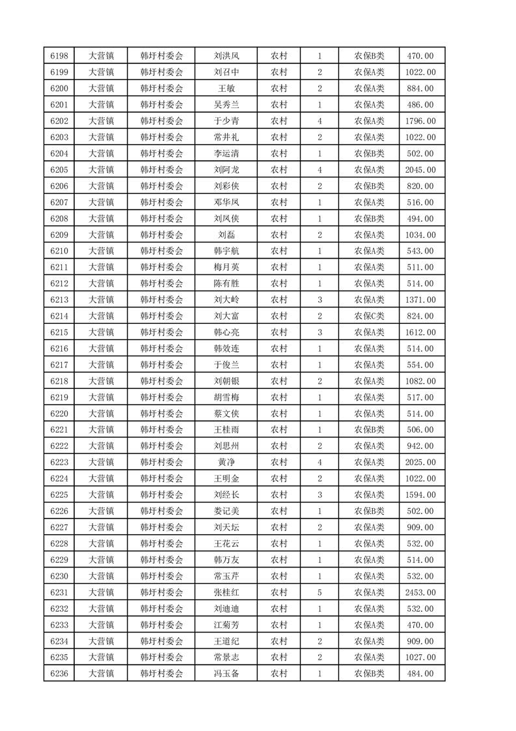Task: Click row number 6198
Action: (x=59, y=56)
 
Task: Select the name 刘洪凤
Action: (x=226, y=56)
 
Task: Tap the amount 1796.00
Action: (x=420, y=121)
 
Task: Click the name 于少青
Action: (x=226, y=121)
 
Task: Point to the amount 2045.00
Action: (x=420, y=170)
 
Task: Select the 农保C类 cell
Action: (x=369, y=316)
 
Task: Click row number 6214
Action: (x=59, y=316)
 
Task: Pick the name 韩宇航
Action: (x=226, y=251)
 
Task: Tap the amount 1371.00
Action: (x=420, y=300)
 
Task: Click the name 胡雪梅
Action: (x=226, y=397)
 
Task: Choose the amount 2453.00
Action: (x=420, y=592)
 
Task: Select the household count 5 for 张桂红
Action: (x=319, y=592)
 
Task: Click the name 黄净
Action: (x=226, y=463)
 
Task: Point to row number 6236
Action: (x=59, y=674)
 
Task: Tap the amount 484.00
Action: (x=420, y=674)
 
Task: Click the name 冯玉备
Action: (x=226, y=674)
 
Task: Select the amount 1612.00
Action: (x=420, y=332)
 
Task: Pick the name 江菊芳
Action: (x=226, y=625)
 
